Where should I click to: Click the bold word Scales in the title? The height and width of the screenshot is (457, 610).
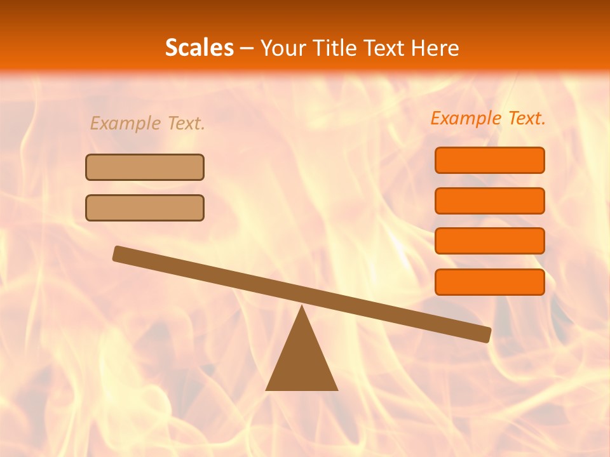click(x=199, y=48)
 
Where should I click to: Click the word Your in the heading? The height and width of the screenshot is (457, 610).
click(x=283, y=48)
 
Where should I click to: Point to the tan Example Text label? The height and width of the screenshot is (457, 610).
click(x=147, y=123)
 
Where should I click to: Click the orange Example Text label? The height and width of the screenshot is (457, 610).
click(x=488, y=118)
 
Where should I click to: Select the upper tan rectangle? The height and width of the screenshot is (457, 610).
click(x=145, y=167)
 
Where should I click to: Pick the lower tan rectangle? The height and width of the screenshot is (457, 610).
click(x=145, y=208)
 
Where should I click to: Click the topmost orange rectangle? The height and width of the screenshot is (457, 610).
click(x=489, y=160)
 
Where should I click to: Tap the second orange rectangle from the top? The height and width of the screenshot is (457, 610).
click(x=489, y=201)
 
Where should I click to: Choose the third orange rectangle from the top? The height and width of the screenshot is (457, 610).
click(x=489, y=241)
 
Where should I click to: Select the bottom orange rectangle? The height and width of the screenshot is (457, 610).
click(x=489, y=282)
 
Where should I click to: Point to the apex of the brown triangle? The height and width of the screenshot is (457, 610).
click(x=302, y=308)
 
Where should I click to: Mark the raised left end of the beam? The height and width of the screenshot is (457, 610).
click(x=118, y=253)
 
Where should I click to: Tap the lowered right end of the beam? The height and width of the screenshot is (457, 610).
click(x=485, y=334)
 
